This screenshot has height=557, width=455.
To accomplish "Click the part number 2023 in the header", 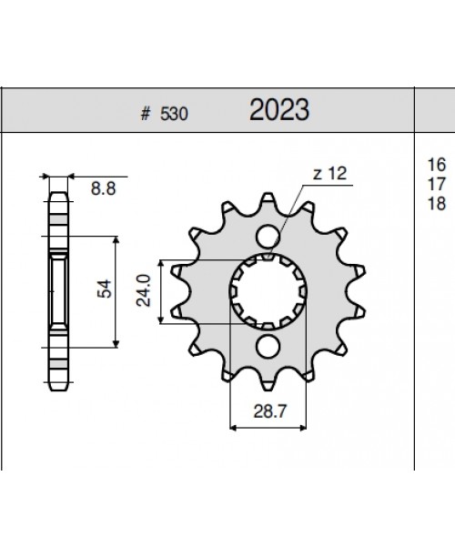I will pos(279,112).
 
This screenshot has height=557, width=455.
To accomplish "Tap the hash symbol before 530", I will pos(146,116).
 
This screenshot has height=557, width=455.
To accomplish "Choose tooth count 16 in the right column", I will pos(435,165).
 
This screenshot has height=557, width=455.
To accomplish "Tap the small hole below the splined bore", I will pos(268,346).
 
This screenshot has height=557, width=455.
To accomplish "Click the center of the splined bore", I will pos(268,291).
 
